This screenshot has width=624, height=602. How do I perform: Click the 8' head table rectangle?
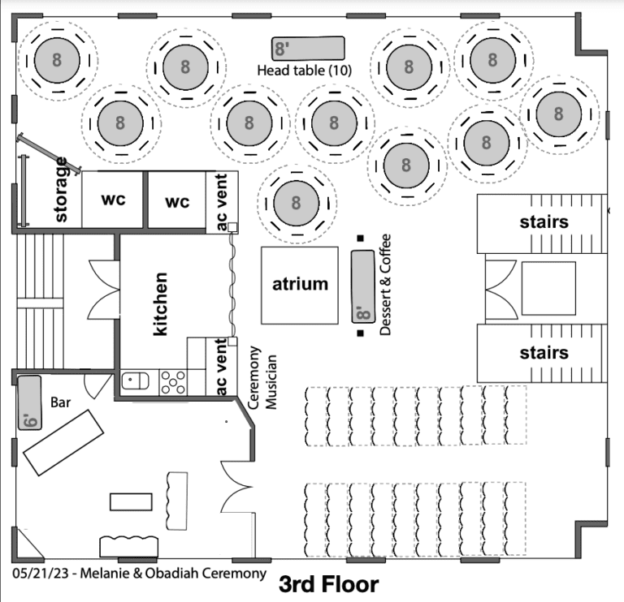308,49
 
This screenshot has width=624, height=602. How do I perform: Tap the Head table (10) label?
305,71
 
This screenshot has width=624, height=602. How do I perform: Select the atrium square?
300,286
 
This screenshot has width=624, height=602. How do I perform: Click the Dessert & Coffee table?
363,286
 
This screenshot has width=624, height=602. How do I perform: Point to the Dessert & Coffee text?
385,285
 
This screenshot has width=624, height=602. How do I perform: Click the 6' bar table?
30,402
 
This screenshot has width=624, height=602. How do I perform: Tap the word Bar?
60,402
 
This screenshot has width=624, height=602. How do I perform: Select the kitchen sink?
135,381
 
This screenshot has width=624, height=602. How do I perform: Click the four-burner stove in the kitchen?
173,382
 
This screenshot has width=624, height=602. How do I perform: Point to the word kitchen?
160,304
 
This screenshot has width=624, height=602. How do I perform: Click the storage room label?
61,190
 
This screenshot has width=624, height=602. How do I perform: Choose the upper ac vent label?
221,201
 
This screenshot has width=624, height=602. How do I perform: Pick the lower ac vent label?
221,367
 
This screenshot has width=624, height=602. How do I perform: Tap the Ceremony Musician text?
262,378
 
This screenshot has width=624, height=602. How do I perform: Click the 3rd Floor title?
329,584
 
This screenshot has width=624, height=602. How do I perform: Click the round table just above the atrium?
297,203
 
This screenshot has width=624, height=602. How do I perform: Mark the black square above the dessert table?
361,238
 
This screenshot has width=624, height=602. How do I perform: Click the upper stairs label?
544,222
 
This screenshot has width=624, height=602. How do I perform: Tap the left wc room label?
114,199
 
